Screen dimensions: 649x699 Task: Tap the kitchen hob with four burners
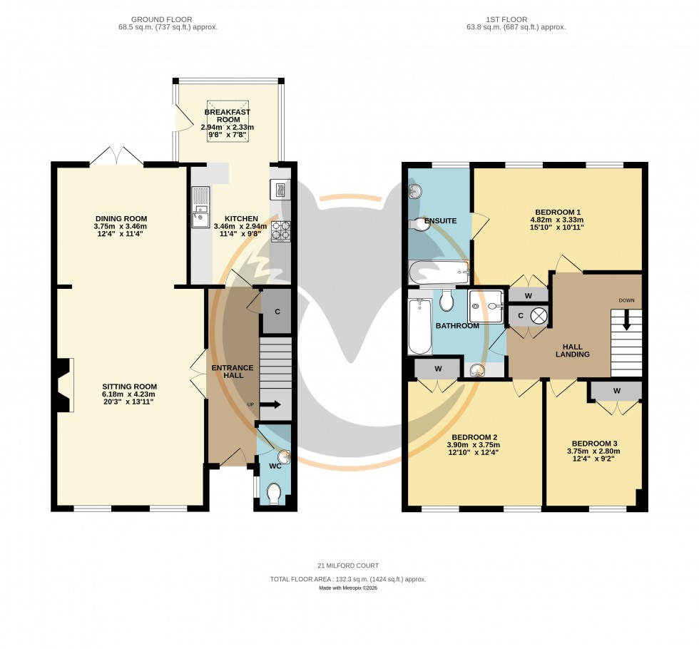pyautogui.click(x=280, y=230)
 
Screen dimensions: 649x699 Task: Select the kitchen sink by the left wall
pyautogui.click(x=200, y=206)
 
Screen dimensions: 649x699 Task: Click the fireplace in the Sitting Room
pyautogui.click(x=64, y=385)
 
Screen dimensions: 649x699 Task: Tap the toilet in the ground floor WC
pyautogui.click(x=273, y=493)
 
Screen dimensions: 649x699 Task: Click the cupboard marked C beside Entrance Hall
pyautogui.click(x=277, y=311)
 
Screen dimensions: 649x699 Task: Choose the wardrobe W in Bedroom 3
pyautogui.click(x=616, y=391)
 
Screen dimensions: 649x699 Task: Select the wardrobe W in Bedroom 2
pyautogui.click(x=437, y=369)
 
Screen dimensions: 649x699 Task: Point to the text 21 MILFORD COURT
pyautogui.click(x=349, y=566)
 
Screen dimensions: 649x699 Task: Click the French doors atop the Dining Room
pyautogui.click(x=118, y=155)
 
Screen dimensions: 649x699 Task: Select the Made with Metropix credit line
pyautogui.click(x=349, y=589)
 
